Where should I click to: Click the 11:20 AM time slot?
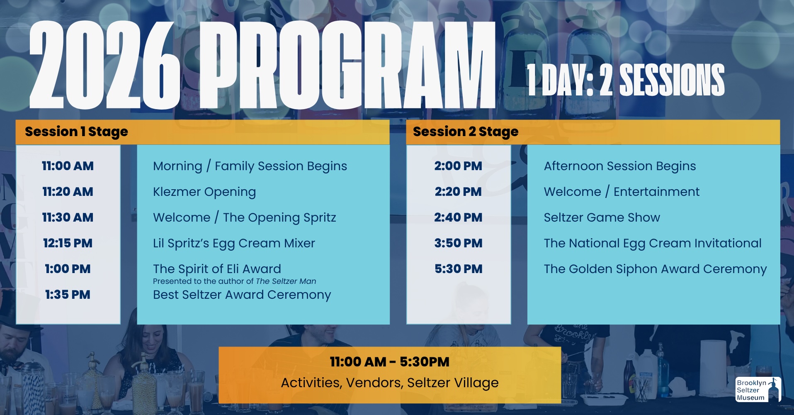point(68,192)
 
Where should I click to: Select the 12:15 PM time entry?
point(68,243)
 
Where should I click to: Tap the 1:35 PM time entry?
point(68,295)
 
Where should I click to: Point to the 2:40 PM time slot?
point(458,217)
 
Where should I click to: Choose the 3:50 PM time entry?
point(458,243)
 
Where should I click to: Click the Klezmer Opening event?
point(204,192)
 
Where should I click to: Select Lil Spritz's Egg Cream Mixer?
point(234,244)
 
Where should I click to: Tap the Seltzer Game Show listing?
point(602,217)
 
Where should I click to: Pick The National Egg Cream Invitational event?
point(653,244)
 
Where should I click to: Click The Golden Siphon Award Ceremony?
point(655,269)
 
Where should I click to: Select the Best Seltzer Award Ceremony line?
point(242,295)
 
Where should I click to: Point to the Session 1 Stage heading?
point(76,132)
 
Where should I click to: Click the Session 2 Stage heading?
point(466,132)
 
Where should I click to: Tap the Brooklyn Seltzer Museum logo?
point(758,390)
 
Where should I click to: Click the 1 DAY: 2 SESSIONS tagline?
point(626,80)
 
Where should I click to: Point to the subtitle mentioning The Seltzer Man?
point(234,281)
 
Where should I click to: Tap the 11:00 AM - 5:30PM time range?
point(389,362)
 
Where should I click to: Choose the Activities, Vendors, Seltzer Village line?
point(390,383)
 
